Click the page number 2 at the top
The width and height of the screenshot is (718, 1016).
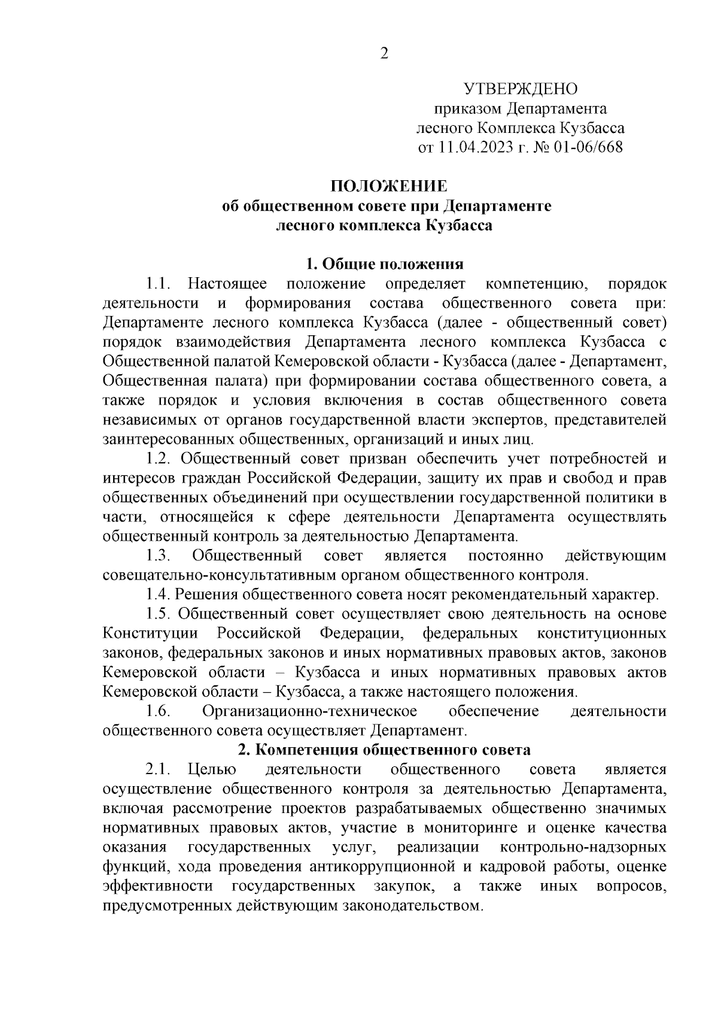(x=385, y=54)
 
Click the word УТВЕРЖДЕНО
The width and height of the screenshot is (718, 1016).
(x=521, y=90)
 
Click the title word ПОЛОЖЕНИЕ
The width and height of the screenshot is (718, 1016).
(x=385, y=186)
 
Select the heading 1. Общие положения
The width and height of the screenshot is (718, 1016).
(x=385, y=264)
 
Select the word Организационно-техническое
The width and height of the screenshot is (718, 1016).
(x=309, y=711)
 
